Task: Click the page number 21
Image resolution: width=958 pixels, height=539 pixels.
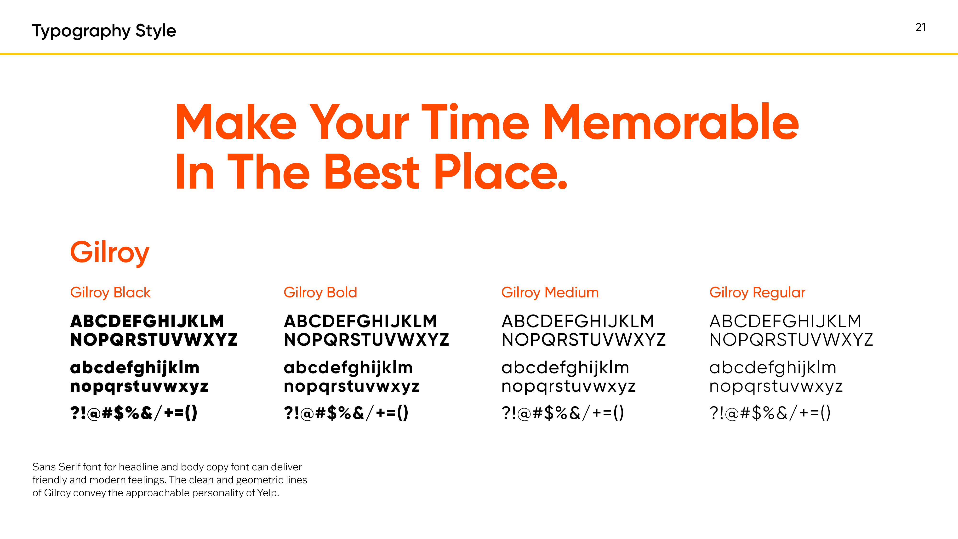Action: coord(920,28)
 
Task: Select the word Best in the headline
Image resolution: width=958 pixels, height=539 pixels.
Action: coord(372,172)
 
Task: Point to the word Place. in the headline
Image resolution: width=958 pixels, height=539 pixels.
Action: coord(501,172)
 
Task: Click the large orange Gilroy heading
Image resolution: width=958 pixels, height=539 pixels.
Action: coord(110,253)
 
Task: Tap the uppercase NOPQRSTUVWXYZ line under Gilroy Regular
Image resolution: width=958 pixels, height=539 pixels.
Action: coord(791,340)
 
